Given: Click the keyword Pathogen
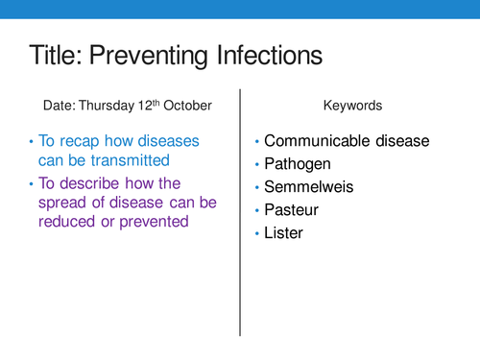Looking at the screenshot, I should pyautogui.click(x=302, y=164).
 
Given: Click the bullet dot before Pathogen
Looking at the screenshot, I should pyautogui.click(x=256, y=165).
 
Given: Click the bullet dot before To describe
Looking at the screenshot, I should pyautogui.click(x=30, y=182).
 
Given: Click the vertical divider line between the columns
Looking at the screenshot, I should pyautogui.click(x=239, y=211).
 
